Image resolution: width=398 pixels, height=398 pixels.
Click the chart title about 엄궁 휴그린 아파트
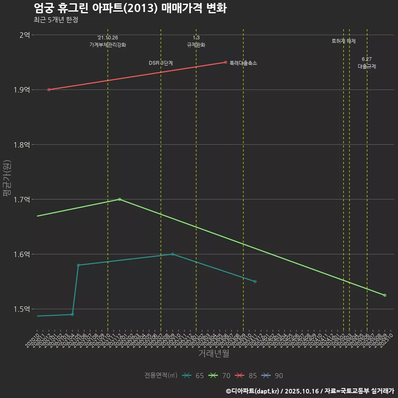point(130,8)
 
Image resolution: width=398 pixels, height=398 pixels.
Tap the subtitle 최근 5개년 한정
point(56,19)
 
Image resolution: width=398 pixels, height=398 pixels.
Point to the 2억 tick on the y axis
point(24,35)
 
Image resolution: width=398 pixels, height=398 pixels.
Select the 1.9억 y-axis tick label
point(21,90)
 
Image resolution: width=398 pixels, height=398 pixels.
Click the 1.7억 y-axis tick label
point(21,199)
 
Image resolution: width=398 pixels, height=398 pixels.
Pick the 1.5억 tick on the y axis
point(21,309)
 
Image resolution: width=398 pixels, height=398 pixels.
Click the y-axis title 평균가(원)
point(7,179)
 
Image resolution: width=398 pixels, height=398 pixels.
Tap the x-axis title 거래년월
point(214,354)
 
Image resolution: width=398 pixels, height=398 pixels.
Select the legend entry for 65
point(194,376)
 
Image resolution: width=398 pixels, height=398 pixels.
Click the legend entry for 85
point(247,376)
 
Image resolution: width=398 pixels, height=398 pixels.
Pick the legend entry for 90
point(273,376)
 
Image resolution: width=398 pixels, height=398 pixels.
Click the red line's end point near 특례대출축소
point(226,62)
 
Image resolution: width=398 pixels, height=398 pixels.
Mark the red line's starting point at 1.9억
point(49,90)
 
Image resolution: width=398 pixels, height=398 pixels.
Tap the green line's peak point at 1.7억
point(119,199)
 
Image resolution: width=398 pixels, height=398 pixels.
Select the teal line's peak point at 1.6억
point(172,254)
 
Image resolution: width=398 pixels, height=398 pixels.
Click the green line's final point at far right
point(385,295)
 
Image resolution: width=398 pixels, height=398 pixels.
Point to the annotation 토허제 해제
point(344,41)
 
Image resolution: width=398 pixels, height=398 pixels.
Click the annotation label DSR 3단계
point(161,63)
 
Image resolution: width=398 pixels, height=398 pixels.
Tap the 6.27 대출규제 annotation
point(367,63)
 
